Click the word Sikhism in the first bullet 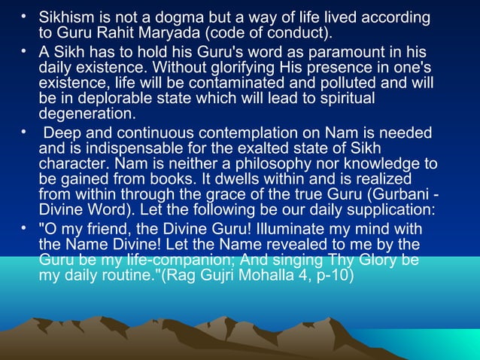(x=66, y=17)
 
